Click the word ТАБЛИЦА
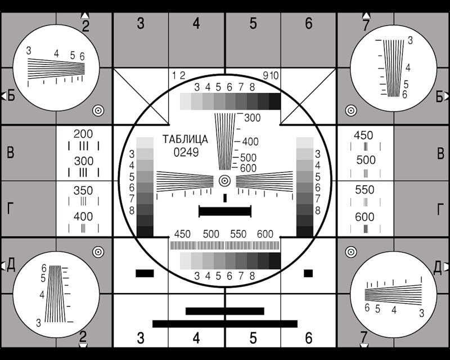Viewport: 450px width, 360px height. point(185,139)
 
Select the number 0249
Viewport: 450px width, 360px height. point(186,152)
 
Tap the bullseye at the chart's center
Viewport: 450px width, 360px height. point(224,181)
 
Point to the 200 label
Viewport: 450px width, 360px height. point(83,134)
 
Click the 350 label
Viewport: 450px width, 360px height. point(83,191)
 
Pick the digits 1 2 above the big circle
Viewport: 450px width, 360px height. point(178,75)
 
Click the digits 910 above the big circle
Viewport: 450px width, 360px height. point(271,75)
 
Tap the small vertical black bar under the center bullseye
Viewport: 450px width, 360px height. point(225,198)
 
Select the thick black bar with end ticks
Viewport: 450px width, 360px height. point(225,211)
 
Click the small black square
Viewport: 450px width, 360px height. point(308,273)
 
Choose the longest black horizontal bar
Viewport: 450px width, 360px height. point(225,324)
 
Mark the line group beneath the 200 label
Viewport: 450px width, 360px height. point(83,146)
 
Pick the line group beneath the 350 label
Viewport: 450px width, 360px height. point(83,201)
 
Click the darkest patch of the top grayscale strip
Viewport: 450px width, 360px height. point(274,101)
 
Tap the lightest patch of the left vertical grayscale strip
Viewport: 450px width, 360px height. point(145,143)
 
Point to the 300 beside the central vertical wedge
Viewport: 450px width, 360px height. point(252,118)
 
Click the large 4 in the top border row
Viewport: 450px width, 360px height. point(196,24)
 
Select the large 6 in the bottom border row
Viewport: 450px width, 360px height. point(308,338)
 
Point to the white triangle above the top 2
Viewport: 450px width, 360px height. point(85,15)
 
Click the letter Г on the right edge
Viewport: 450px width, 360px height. point(440,209)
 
